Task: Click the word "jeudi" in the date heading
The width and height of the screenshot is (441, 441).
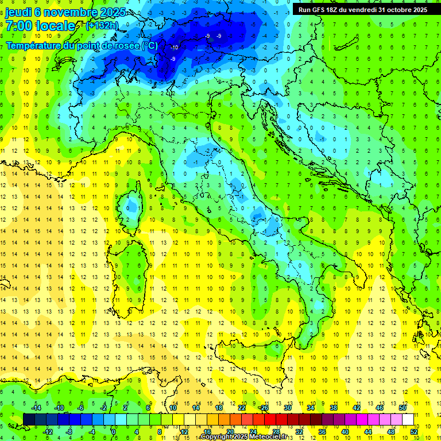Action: (x=18, y=12)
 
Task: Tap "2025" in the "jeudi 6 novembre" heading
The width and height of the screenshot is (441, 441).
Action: (x=98, y=12)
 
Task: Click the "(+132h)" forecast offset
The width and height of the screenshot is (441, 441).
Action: (x=102, y=26)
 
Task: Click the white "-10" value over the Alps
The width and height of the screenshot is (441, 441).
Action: (x=175, y=48)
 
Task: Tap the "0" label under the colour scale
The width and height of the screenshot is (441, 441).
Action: (x=114, y=432)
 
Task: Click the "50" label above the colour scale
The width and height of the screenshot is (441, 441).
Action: (x=403, y=408)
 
